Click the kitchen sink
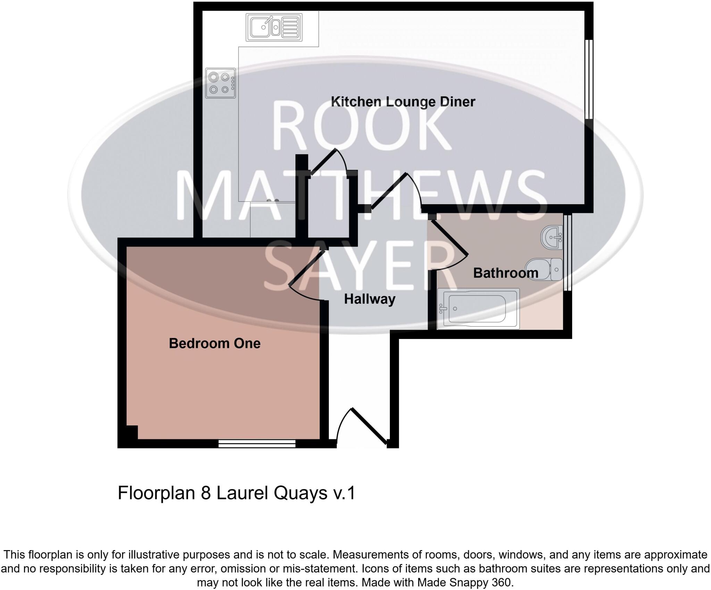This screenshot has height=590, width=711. [274, 27]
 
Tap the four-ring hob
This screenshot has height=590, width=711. [220, 83]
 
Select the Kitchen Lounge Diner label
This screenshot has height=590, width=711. [403, 102]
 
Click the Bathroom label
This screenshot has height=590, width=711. [505, 273]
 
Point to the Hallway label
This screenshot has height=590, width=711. [369, 299]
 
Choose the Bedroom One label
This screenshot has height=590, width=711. [215, 343]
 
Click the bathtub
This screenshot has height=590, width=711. [478, 308]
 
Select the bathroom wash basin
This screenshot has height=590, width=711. [552, 238]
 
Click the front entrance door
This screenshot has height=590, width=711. [369, 426]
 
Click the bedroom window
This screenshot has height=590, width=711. [257, 443]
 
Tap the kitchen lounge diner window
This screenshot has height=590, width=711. [589, 79]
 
